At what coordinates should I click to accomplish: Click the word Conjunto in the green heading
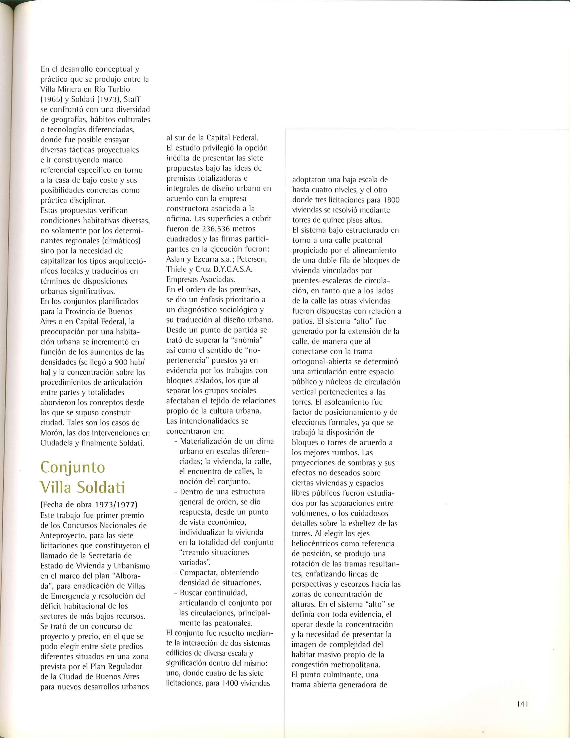pyautogui.click(x=73, y=468)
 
